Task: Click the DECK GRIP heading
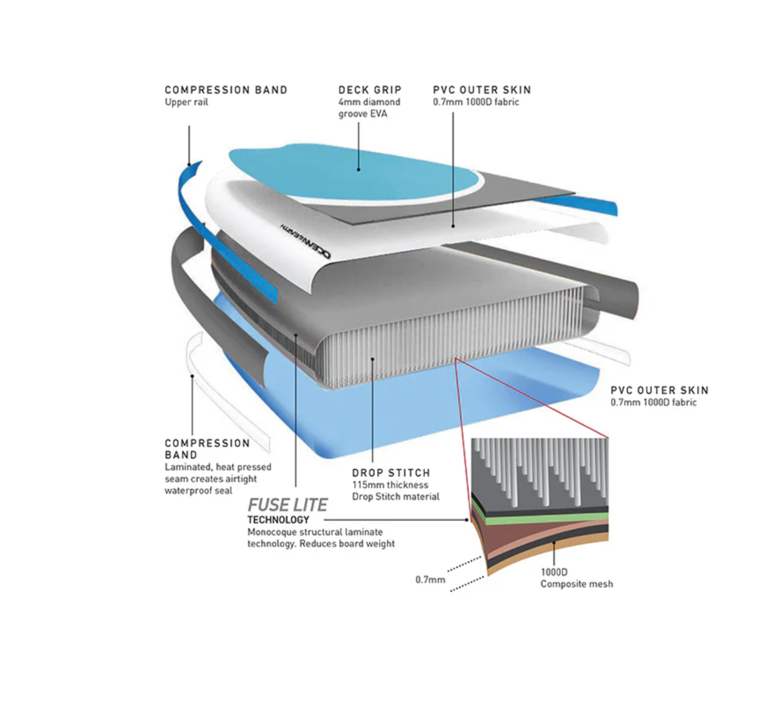pyautogui.click(x=370, y=90)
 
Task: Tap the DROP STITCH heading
pyautogui.click(x=391, y=473)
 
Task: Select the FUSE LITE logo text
pyautogui.click(x=287, y=505)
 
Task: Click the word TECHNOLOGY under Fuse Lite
pyautogui.click(x=278, y=520)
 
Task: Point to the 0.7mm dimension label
pyautogui.click(x=430, y=580)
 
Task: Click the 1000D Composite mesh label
pyautogui.click(x=576, y=578)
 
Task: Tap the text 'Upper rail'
pyautogui.click(x=186, y=102)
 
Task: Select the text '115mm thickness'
pyautogui.click(x=390, y=485)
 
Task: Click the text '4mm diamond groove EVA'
pyautogui.click(x=369, y=108)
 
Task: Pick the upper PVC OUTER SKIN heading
pyautogui.click(x=482, y=90)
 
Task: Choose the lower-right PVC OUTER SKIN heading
pyautogui.click(x=659, y=390)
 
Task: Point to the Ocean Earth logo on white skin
pyautogui.click(x=305, y=241)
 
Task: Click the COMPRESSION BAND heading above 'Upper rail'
pyautogui.click(x=226, y=90)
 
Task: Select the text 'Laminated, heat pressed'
pyautogui.click(x=218, y=467)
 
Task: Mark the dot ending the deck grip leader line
pyautogui.click(x=358, y=169)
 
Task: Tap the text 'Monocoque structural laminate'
pyautogui.click(x=315, y=532)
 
